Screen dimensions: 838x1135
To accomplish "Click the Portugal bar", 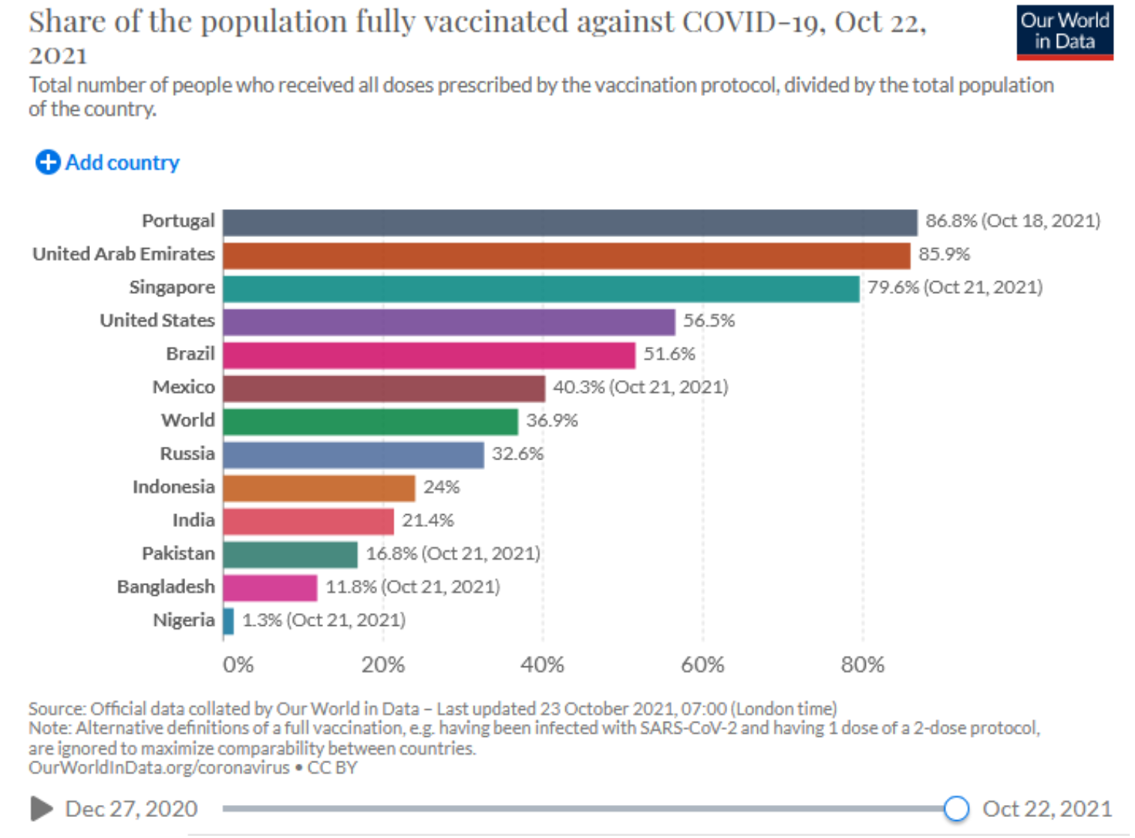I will pos(570,223).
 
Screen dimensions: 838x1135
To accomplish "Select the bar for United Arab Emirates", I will pos(566,256).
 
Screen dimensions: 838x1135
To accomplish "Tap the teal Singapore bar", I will pos(541,289).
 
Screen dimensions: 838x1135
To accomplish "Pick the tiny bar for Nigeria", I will pos(229,621).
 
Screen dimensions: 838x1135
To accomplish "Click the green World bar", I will pos(370,422).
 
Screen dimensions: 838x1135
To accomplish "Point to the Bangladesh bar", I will pos(270,588).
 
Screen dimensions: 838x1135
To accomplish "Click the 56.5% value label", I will pos(708,321).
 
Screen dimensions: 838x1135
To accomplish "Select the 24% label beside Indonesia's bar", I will pos(441,487).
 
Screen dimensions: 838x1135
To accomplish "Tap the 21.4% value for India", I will pos(427,520).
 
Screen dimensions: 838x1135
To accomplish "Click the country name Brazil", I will pos(190,354).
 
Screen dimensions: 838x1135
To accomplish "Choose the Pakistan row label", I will pos(178,553).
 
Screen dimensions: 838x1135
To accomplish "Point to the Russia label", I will pos(187,453).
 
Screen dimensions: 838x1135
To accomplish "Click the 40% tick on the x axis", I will pos(542,665).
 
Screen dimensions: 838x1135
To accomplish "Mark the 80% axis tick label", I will pos(862,665).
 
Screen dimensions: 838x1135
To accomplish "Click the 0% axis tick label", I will pos(238,665).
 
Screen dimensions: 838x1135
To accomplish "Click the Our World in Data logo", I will pos(1065,32).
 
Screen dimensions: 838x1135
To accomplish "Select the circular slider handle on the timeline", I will pos(956,809).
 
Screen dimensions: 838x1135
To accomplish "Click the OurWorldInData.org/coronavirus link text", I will pos(159,768).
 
